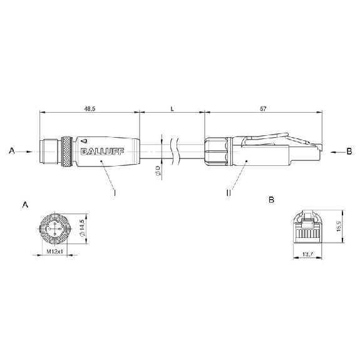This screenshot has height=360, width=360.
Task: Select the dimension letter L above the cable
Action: (x=172, y=108)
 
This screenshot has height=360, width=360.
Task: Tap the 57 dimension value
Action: (x=263, y=108)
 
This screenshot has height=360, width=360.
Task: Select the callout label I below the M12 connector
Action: (x=115, y=193)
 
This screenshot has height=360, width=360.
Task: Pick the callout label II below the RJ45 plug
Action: (x=230, y=193)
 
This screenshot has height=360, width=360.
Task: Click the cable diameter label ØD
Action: (x=158, y=170)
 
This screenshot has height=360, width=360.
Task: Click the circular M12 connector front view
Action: (x=55, y=230)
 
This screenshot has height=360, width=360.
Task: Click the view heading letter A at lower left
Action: (x=25, y=205)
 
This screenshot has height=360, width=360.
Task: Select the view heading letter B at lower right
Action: (x=271, y=200)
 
